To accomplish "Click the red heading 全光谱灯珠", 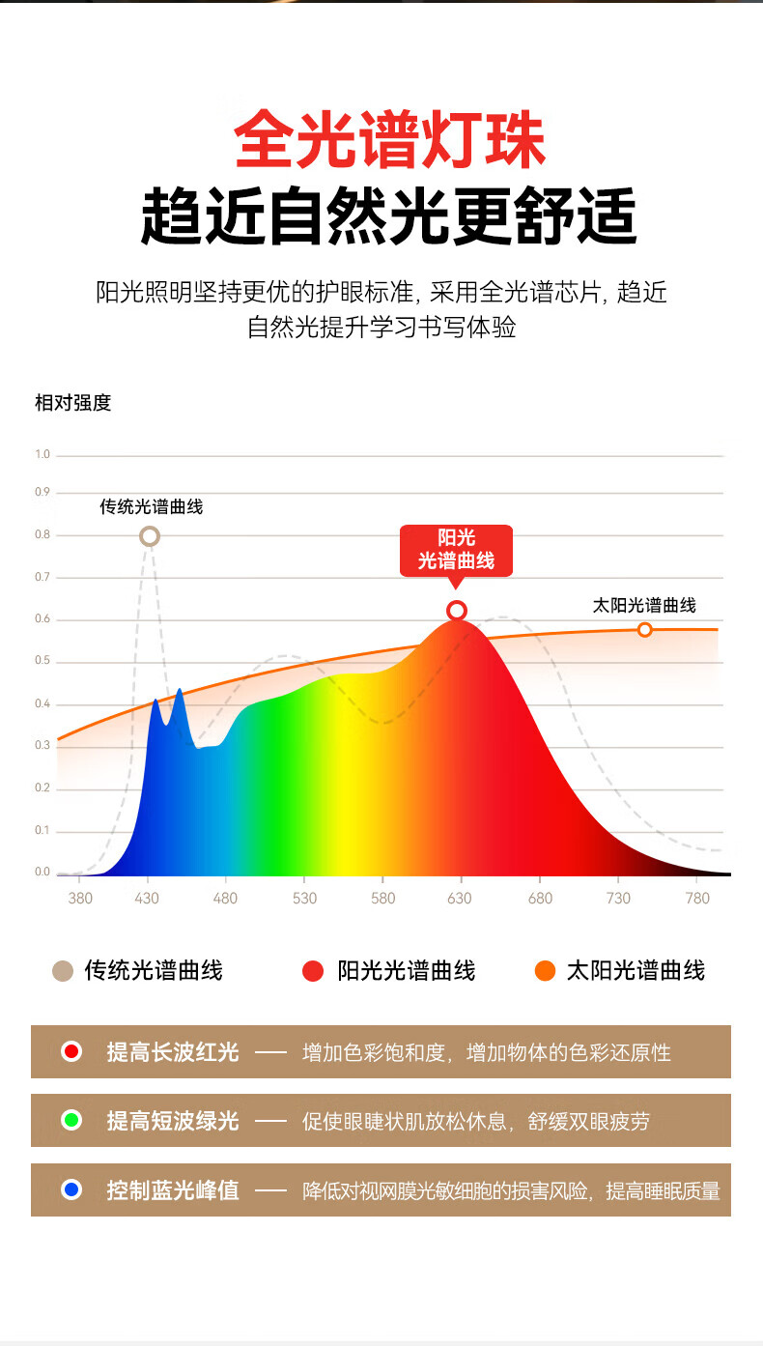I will [x=390, y=140].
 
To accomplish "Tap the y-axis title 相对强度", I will [x=73, y=403].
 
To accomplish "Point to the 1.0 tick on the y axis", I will [x=42, y=454].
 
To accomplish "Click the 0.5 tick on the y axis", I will [x=42, y=662].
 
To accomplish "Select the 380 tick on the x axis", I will [x=80, y=899].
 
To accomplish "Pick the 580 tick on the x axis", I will [x=382, y=899].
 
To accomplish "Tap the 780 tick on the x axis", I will [x=696, y=899].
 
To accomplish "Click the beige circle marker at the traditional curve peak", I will [x=149, y=536].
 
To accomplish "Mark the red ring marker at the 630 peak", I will [x=457, y=611].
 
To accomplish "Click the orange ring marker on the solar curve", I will [x=644, y=630].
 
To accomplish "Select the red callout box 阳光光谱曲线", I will [x=456, y=550].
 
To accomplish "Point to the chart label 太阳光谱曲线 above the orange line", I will [x=644, y=606].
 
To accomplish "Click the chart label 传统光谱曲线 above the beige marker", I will [x=152, y=506].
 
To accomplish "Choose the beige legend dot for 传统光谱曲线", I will [x=63, y=971].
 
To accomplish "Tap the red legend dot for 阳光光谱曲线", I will [x=313, y=971].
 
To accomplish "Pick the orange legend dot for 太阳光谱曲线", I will [x=545, y=971].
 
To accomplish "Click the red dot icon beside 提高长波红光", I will [x=71, y=1051].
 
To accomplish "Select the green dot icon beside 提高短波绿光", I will [x=71, y=1121].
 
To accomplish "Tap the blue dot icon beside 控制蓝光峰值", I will [x=71, y=1189].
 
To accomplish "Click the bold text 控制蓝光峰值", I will [x=173, y=1189].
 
